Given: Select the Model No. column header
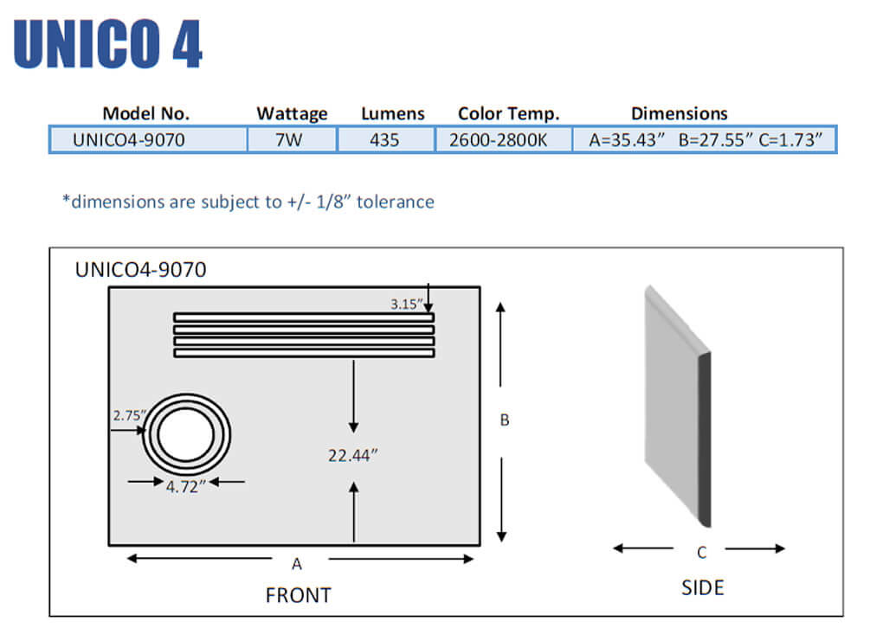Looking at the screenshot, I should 145,113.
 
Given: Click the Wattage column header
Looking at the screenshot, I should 292,113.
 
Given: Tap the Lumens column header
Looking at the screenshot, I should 393,113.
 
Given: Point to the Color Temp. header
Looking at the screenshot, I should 508,113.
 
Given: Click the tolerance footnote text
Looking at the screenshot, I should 248,202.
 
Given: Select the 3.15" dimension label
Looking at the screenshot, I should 406,304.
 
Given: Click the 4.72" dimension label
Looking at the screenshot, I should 185,487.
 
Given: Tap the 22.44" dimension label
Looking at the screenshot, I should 353,455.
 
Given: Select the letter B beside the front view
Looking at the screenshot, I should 505,420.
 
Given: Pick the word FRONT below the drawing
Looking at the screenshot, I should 298,595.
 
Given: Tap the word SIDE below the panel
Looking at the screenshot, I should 702,588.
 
